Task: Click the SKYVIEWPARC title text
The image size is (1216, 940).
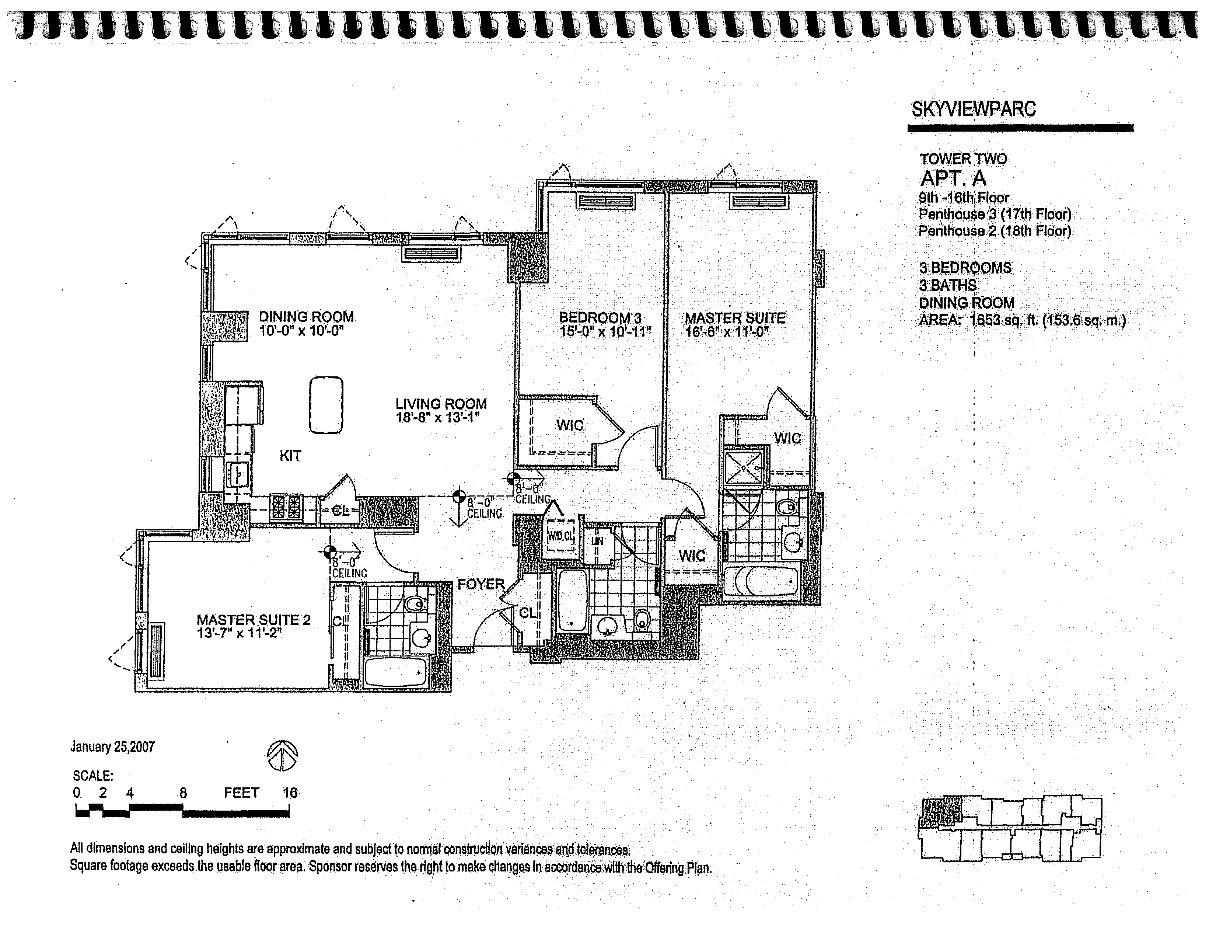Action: (x=973, y=109)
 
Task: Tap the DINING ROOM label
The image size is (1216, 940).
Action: (x=306, y=317)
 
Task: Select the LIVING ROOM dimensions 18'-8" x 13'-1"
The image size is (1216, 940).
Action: (x=438, y=418)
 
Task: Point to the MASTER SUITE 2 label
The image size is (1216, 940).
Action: (x=254, y=620)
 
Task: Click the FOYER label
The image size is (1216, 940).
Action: (x=481, y=584)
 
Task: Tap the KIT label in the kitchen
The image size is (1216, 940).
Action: (x=290, y=456)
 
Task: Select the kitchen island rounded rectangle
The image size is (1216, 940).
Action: (x=326, y=405)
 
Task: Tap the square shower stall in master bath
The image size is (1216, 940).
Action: (x=744, y=469)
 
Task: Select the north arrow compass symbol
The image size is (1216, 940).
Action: (x=282, y=756)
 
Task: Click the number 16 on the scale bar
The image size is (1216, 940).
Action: (x=290, y=793)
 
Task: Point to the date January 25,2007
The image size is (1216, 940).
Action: (x=112, y=747)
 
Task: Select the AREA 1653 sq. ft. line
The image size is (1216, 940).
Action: (x=1022, y=321)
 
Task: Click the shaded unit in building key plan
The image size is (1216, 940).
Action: (x=940, y=812)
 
